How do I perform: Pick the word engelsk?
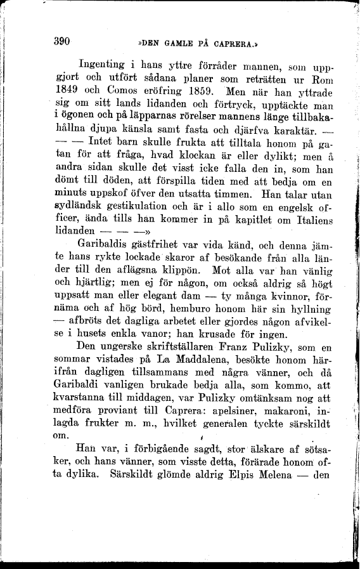tap(281, 207)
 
